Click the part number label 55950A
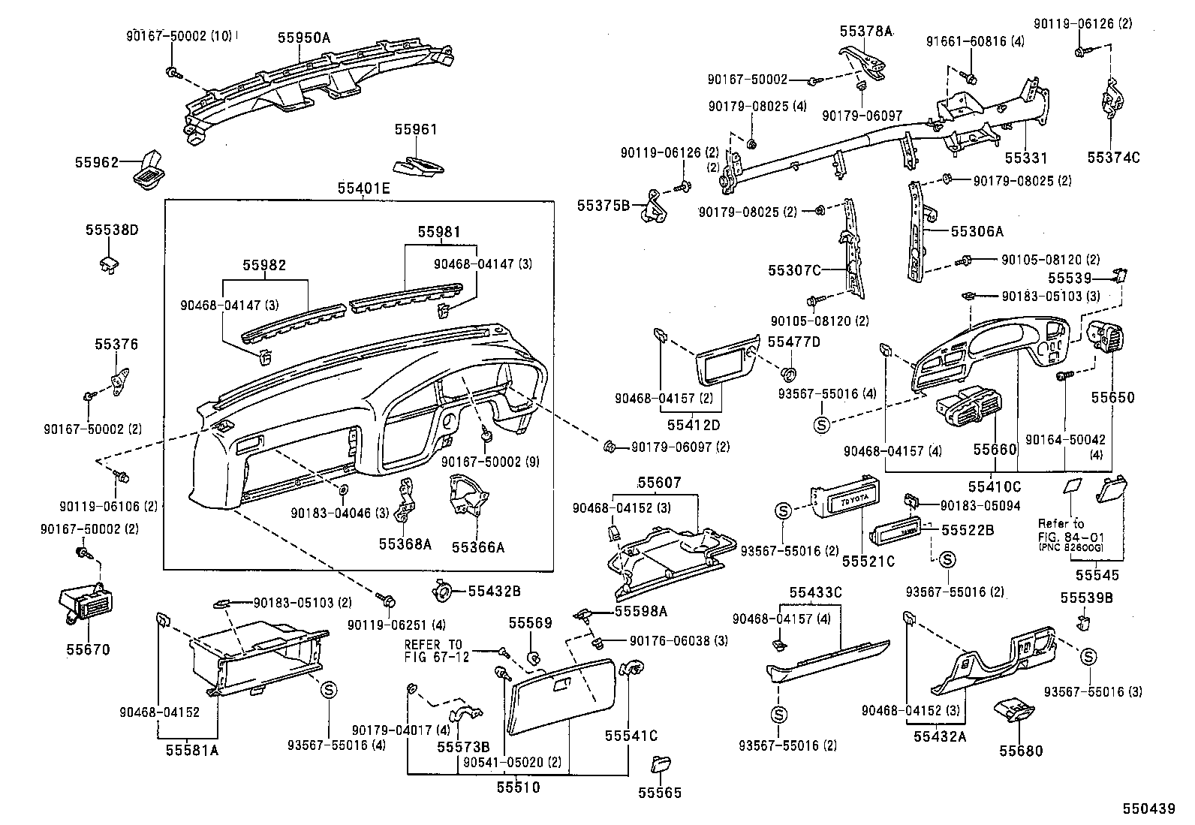(303, 37)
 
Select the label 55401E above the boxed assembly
(363, 188)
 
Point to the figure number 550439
(1148, 808)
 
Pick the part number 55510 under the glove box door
(517, 787)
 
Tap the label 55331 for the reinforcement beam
(1026, 158)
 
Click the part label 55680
(1020, 751)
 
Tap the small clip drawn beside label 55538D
(109, 263)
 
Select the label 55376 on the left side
(116, 345)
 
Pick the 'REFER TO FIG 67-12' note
(436, 651)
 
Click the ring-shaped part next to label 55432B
(444, 590)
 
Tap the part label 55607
(660, 482)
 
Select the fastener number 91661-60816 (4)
(976, 41)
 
